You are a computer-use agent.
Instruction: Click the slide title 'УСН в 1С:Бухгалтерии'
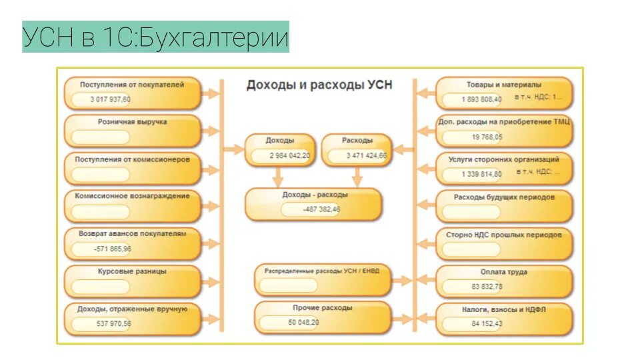point(155,37)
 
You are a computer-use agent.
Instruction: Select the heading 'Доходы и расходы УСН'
point(319,85)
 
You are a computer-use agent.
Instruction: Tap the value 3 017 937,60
point(111,99)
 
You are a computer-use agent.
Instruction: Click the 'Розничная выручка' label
point(132,123)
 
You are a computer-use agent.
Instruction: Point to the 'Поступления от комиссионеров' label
point(132,160)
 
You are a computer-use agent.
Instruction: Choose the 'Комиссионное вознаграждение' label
point(132,196)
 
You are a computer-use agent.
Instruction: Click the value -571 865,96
point(112,249)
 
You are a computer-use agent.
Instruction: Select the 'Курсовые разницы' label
point(132,271)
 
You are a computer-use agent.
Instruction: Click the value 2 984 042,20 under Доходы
point(289,155)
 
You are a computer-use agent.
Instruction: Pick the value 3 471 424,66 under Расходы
point(366,155)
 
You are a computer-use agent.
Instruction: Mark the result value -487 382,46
point(320,209)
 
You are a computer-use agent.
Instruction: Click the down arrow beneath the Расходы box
point(357,177)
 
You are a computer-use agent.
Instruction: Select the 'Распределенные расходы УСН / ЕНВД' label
point(322,271)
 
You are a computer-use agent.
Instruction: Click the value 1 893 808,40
point(481,99)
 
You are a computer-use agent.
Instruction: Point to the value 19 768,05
point(487,137)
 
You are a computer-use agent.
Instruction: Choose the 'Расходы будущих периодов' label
point(504,197)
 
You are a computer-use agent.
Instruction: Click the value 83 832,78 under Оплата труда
point(487,287)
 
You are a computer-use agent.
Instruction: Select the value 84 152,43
point(487,324)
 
